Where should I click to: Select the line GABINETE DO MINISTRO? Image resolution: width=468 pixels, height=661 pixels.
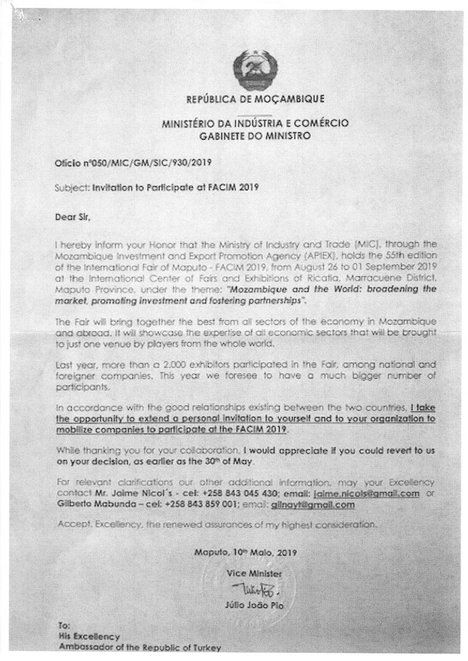(255, 135)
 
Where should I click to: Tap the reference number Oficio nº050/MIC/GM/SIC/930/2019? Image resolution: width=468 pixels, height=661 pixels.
(133, 163)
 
